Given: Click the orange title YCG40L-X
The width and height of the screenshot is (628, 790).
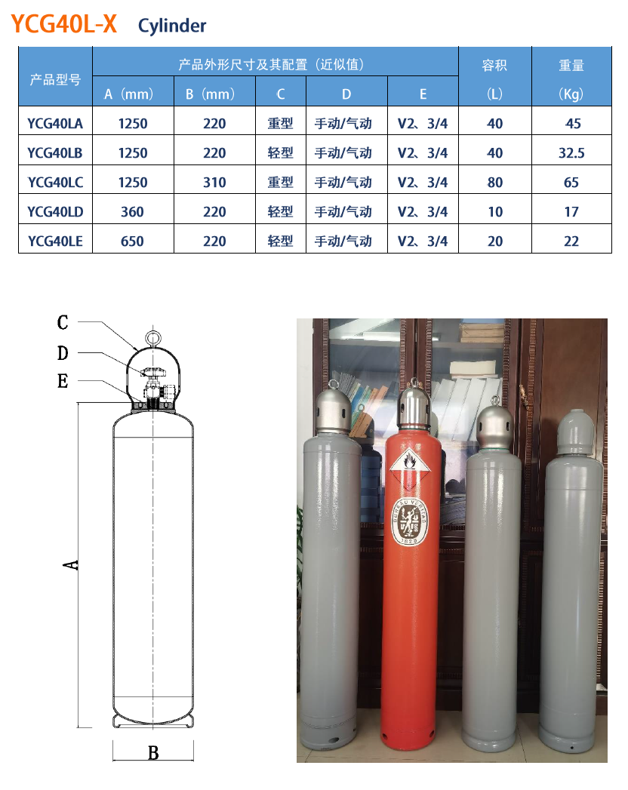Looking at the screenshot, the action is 64,24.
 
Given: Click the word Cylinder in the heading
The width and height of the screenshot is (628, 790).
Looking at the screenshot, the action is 172,26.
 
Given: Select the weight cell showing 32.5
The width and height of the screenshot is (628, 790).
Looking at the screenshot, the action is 571,152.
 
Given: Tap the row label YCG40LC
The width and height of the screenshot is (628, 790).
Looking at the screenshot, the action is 55,182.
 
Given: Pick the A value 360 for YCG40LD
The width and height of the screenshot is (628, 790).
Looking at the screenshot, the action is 132,211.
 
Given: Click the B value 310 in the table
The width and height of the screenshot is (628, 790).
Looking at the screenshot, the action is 214,182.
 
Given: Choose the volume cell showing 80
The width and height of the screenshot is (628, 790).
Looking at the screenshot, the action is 495,182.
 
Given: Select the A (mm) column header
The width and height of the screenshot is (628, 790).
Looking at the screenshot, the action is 128,94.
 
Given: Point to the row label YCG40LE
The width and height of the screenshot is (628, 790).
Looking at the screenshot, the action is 55,241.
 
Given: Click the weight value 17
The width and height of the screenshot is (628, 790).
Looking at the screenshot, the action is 571,211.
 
